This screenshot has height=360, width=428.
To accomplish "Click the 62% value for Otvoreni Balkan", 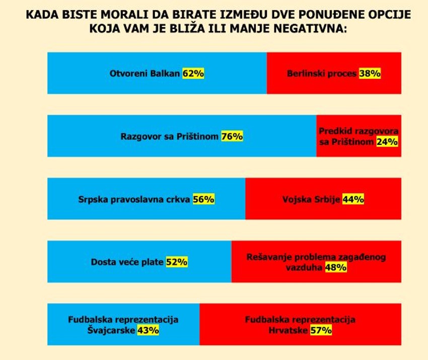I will click(x=193, y=74).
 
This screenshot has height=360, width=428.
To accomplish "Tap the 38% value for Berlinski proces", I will click(x=370, y=74).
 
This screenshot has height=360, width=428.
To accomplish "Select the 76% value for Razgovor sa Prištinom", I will click(x=232, y=136).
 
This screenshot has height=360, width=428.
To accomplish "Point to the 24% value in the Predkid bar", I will click(x=387, y=142).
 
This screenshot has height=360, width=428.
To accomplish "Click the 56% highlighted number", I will click(x=203, y=199).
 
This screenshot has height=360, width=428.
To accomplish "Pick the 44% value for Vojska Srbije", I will click(x=353, y=199).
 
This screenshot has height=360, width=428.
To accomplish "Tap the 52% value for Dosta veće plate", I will click(x=177, y=262).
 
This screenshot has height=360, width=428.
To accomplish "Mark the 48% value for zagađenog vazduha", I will click(x=335, y=268).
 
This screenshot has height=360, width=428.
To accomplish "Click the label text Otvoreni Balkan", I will click(x=145, y=74).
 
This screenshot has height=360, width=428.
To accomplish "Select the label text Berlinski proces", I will click(x=322, y=74).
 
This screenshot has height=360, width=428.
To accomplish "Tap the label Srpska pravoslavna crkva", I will click(x=134, y=199).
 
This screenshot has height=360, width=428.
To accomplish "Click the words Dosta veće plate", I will click(x=127, y=262).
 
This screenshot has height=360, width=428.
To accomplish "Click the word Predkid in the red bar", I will click(x=335, y=131).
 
